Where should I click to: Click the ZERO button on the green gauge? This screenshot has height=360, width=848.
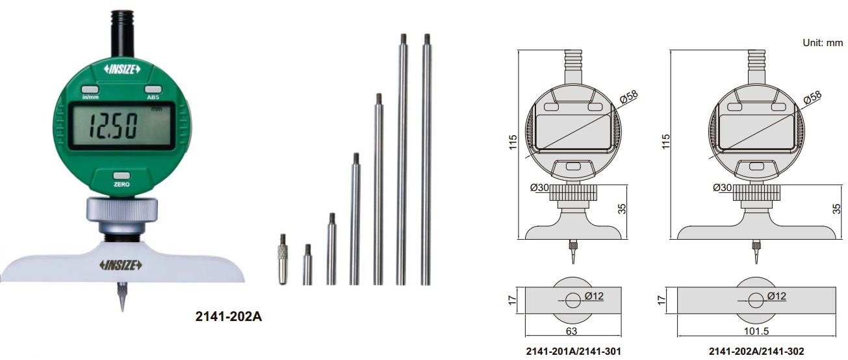pyautogui.click(x=122, y=176)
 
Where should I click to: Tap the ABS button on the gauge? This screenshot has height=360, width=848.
pyautogui.click(x=153, y=90)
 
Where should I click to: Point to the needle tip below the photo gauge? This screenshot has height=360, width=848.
pyautogui.click(x=122, y=311)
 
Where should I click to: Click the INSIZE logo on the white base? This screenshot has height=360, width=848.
pyautogui.click(x=121, y=265)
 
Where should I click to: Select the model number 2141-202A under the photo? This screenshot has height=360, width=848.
pyautogui.click(x=228, y=316)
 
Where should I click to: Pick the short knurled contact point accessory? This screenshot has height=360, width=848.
pyautogui.click(x=283, y=259)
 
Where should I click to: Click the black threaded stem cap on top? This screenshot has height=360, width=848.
pyautogui.click(x=122, y=34)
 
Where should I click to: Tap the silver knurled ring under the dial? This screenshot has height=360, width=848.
pyautogui.click(x=122, y=209)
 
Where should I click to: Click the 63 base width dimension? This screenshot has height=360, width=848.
pyautogui.click(x=571, y=331)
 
